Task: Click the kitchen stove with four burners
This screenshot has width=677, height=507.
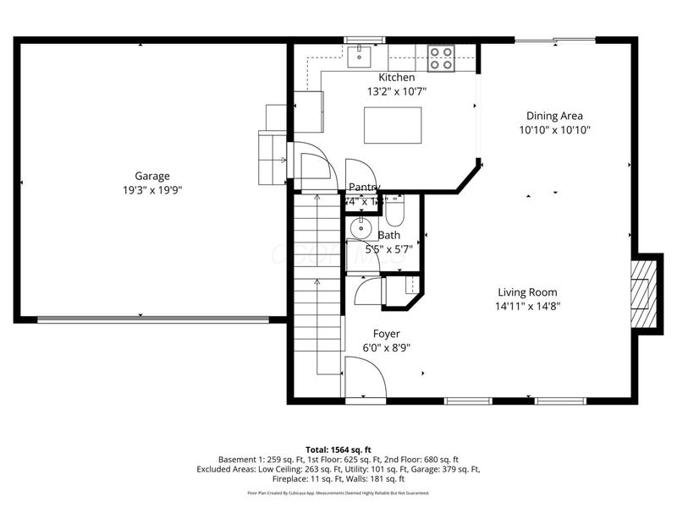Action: (440, 57)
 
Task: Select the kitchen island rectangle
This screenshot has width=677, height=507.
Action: (392, 125)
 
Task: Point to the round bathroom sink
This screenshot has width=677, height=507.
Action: (361, 227)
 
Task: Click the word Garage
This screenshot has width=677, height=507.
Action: (152, 177)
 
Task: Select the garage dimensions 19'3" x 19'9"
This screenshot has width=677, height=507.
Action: (152, 190)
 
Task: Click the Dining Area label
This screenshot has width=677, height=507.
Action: (554, 117)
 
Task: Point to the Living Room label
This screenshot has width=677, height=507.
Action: (526, 292)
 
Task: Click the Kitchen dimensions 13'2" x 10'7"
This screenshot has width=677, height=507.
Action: (396, 91)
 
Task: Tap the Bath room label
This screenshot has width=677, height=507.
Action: (389, 236)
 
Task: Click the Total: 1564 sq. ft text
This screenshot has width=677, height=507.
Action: (338, 450)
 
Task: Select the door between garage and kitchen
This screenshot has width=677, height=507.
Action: (307, 164)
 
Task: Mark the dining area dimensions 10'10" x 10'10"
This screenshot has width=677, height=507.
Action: (554, 130)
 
